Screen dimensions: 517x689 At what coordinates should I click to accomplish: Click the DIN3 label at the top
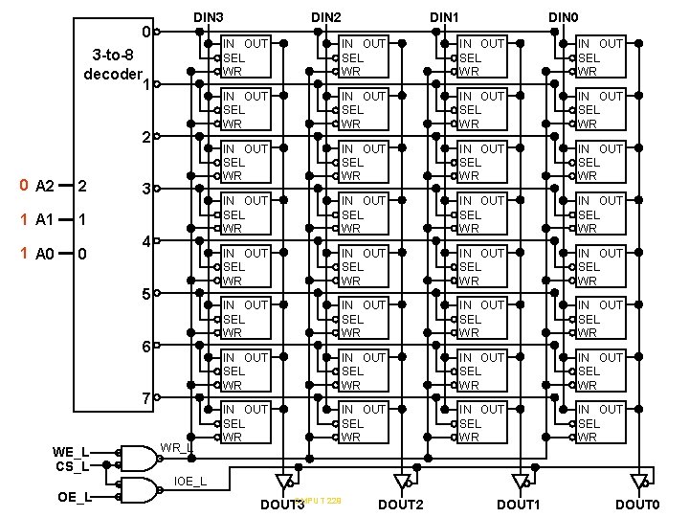click(209, 18)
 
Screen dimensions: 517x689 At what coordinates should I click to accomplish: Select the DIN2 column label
click(325, 18)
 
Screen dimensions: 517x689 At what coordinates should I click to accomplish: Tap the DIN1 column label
click(444, 18)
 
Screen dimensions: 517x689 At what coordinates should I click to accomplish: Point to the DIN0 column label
click(563, 18)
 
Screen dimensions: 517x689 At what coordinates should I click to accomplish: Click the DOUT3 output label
click(282, 505)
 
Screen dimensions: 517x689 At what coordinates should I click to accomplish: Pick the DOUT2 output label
click(401, 505)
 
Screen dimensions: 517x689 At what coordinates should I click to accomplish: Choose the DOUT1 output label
click(519, 505)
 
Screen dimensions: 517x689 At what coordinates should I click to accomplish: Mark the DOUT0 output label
click(637, 505)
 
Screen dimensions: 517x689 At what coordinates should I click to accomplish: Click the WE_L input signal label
click(72, 452)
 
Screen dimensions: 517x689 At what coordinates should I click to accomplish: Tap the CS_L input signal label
click(73, 466)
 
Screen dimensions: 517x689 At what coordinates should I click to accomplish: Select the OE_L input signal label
click(75, 497)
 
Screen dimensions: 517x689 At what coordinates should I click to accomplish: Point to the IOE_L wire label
click(189, 480)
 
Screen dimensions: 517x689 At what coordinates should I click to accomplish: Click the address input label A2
click(44, 186)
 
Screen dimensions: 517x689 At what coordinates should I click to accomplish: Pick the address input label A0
click(44, 255)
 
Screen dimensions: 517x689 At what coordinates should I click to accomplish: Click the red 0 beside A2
click(24, 186)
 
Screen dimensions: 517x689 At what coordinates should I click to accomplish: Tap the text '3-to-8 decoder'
click(113, 64)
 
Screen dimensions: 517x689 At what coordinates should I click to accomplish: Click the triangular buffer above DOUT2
click(401, 480)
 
